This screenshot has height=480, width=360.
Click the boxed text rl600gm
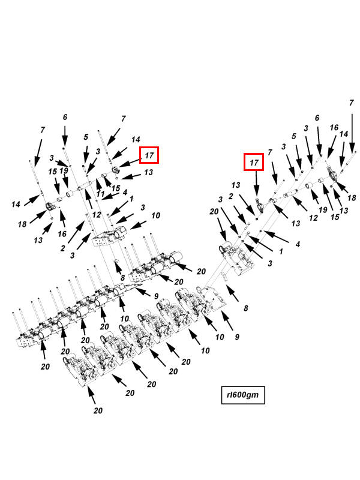tap(243, 395)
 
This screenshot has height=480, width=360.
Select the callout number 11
tap(100, 194)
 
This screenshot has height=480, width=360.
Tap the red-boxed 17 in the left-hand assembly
tap(149, 155)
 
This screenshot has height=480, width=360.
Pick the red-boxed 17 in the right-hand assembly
tap(254, 162)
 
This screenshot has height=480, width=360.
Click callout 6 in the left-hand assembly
tap(65, 117)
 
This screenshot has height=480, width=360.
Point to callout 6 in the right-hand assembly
tap(317, 118)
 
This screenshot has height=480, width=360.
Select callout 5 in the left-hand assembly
tap(86, 137)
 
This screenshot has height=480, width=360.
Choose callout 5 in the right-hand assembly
tap(294, 136)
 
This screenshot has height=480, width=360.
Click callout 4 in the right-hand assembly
tap(298, 244)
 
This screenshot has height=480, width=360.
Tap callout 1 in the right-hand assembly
tap(281, 251)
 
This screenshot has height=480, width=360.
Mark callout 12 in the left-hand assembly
tap(97, 215)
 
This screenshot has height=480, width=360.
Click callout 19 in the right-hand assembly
tap(323, 209)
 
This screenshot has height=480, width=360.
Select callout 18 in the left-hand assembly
tap(22, 224)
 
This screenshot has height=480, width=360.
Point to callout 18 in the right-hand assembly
tap(352, 198)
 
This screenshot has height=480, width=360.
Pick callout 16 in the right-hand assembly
tap(334, 127)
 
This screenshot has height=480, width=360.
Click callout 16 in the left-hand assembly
tap(62, 234)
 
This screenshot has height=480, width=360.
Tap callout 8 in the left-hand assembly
tap(122, 278)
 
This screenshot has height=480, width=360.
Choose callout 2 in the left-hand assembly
tap(63, 248)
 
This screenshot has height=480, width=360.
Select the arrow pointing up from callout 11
tap(98, 184)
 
